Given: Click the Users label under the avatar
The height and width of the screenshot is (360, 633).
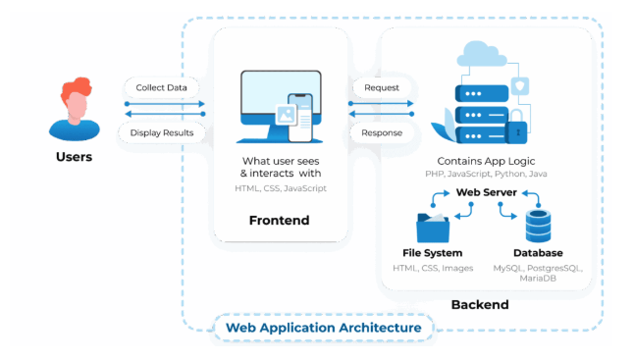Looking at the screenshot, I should [x=75, y=156].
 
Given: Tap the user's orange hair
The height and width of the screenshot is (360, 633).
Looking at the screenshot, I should [x=76, y=91].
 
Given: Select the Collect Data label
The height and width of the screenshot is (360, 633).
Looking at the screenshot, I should [x=163, y=87].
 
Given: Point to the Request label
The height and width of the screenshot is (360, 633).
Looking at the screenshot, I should [x=382, y=87].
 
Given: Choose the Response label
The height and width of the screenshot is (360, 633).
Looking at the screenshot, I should [x=382, y=131].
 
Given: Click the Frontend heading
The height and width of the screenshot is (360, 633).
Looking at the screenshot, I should [x=280, y=221].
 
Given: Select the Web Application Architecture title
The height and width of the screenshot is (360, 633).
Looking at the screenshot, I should [x=324, y=328].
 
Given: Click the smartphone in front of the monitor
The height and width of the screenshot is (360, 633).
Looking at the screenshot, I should [x=300, y=115].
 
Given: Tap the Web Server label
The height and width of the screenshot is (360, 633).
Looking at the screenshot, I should [x=486, y=192].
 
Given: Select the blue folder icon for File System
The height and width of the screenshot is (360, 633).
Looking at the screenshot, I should [x=433, y=228].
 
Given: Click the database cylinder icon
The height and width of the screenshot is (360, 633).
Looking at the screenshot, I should [x=539, y=226].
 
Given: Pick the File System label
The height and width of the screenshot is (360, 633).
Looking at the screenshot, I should [x=433, y=253].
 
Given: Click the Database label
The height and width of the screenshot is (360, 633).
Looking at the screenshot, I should [x=538, y=253].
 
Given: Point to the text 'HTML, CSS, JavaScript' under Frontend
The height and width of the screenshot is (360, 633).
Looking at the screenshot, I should [x=281, y=187].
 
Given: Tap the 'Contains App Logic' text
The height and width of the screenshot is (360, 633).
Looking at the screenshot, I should [x=487, y=160].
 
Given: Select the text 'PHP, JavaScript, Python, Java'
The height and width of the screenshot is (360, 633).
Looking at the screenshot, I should [x=487, y=174].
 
